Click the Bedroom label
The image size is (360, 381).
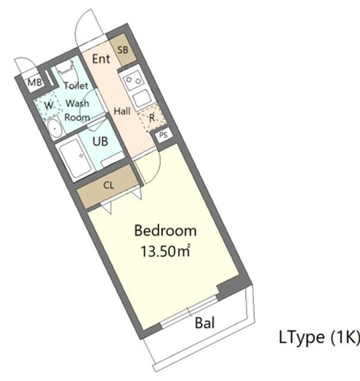click(x=165, y=230)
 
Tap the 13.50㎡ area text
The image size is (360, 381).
click(x=165, y=251)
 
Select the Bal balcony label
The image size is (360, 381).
click(x=205, y=323)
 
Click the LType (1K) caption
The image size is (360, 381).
click(x=319, y=338)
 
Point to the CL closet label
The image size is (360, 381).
click(x=108, y=185)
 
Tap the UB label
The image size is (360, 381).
click(x=101, y=141)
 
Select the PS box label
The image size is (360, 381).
click(x=163, y=135)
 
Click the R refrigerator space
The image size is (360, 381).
click(x=151, y=118)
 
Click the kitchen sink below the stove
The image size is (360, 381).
click(x=142, y=96)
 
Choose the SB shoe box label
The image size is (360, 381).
click(x=122, y=50)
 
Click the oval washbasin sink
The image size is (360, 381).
click(x=54, y=127)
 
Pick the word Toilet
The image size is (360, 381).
click(x=76, y=86)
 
